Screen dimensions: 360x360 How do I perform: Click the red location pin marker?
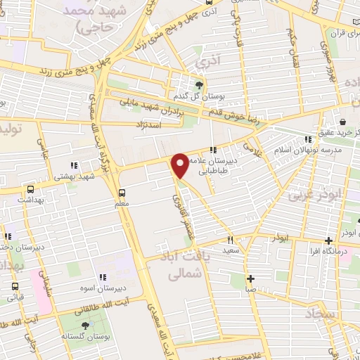[x=181, y=165]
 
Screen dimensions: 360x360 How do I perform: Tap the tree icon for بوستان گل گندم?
[x=199, y=85]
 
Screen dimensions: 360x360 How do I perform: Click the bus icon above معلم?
[x=122, y=192]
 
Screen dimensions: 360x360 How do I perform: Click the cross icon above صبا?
[x=250, y=277]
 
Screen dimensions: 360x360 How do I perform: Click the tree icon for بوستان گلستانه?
[x=85, y=325]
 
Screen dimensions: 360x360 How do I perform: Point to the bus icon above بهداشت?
[x=30, y=188]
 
